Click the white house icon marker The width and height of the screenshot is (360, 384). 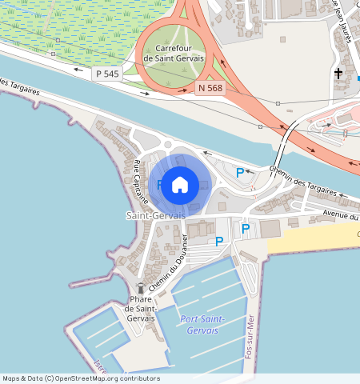click(180, 184)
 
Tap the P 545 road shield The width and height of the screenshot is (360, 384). click(106, 74)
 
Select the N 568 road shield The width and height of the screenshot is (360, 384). click(210, 88)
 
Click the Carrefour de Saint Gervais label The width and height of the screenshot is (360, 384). click(174, 54)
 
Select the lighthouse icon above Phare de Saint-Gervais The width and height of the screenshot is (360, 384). click(141, 288)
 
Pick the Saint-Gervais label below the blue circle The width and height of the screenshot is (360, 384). click(156, 216)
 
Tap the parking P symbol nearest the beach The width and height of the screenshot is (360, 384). click(246, 229)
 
